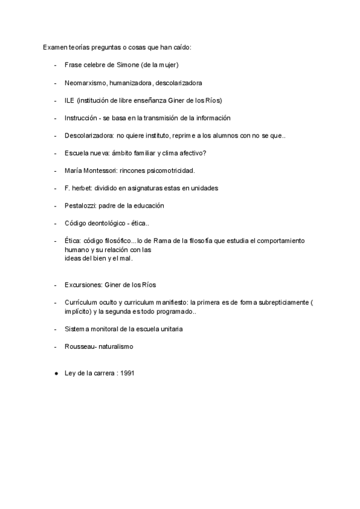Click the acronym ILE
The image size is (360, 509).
(70, 100)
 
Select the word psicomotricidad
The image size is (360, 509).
(182, 170)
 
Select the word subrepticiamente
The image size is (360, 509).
(285, 303)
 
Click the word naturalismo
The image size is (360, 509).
(116, 347)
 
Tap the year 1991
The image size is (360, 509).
(127, 373)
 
